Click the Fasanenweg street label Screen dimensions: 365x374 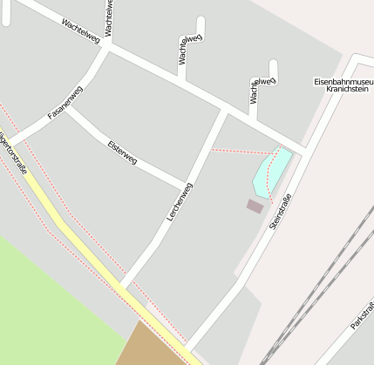click(65, 102)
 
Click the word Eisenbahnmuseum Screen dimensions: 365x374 click(343, 81)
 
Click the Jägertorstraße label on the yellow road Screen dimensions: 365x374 click(14, 151)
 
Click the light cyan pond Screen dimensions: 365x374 click(271, 171)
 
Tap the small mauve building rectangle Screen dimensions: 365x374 click(255, 206)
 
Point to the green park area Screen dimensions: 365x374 click(52, 296)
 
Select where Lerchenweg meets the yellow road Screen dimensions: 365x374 click(125, 288)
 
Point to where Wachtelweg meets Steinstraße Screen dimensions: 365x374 click(300, 152)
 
